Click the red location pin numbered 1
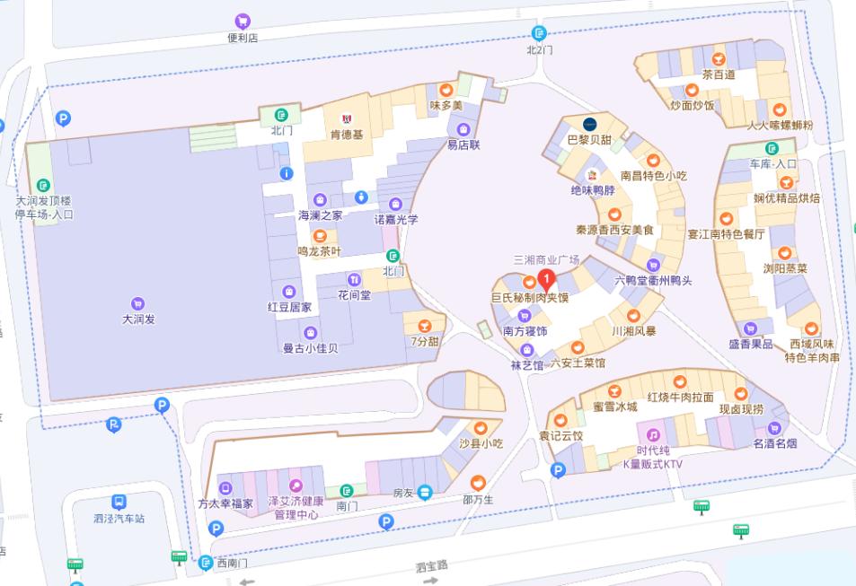(544, 278)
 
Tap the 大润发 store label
(138, 319)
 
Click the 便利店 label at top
(243, 38)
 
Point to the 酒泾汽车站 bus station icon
(119, 502)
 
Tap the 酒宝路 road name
(432, 566)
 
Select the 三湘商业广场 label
(546, 259)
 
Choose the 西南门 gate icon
(206, 563)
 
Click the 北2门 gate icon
(540, 34)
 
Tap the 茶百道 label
(719, 74)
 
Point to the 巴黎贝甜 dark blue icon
(590, 123)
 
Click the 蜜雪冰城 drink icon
(614, 391)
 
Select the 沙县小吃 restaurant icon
(481, 428)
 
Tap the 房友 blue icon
(425, 492)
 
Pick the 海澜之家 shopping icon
(320, 200)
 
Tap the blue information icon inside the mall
(287, 173)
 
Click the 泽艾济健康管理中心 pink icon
(296, 485)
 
